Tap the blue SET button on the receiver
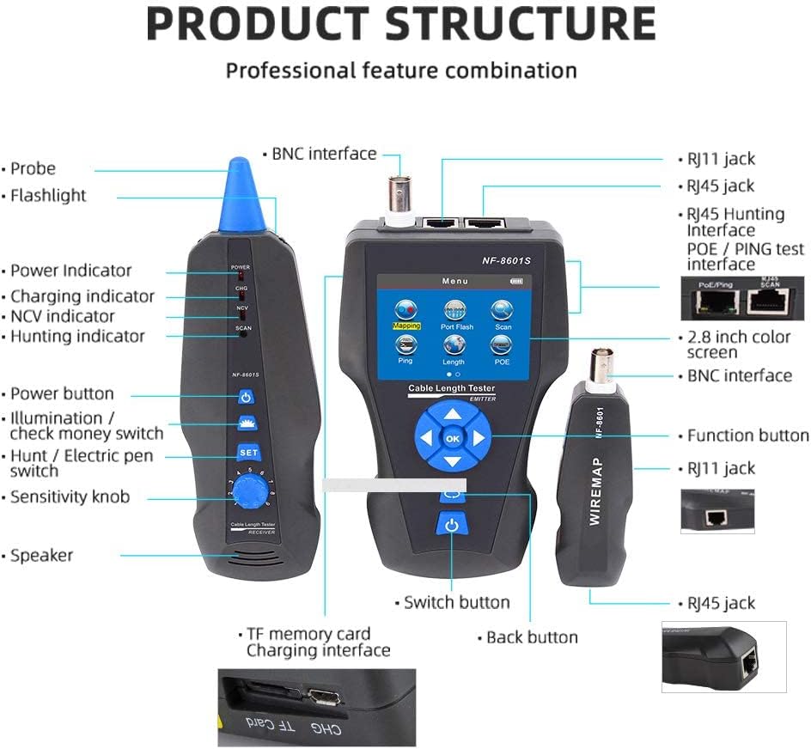tap(247, 452)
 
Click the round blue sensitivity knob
tap(251, 493)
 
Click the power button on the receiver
tap(247, 398)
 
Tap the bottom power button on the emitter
tap(452, 525)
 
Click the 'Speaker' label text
tap(41, 556)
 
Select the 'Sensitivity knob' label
tap(70, 496)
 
